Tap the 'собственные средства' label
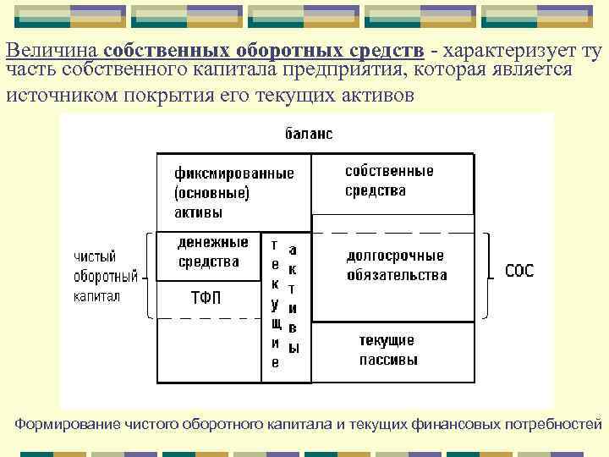click(388, 180)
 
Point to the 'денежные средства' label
click(212, 252)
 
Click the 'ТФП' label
click(206, 297)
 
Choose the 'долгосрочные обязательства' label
click(396, 265)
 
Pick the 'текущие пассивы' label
click(387, 350)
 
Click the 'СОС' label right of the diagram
click(518, 272)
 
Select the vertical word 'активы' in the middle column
click(293, 298)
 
